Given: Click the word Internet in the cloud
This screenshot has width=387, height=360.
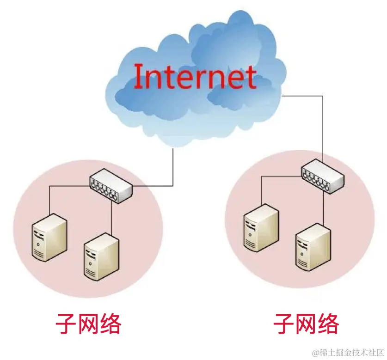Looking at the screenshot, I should coord(195,77).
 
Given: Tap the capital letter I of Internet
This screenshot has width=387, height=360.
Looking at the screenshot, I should coord(138,77).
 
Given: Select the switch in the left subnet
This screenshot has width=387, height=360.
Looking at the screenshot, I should coord(111,186).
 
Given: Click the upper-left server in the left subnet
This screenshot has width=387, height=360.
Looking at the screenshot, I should coord(49,237).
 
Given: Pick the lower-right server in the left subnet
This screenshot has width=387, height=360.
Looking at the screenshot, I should coord(101,257).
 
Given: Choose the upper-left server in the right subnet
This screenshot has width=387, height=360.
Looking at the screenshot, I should coord(262,227).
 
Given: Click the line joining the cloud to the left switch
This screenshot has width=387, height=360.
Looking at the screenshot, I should coord(173,166).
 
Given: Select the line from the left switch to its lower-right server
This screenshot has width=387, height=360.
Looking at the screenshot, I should coord(112,217).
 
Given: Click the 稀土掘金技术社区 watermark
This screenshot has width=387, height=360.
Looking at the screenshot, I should coord(348,352).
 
